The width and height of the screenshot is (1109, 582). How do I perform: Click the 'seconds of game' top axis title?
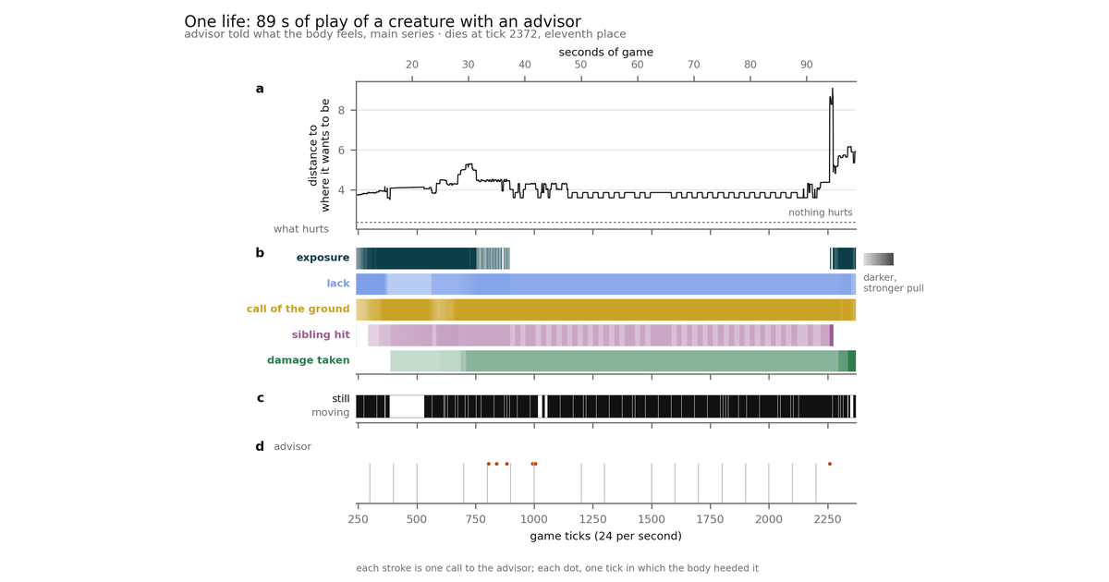coord(606,52)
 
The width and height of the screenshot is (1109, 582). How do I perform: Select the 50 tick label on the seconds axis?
coord(580,65)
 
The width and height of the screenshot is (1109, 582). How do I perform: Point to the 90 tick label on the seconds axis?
coord(807,65)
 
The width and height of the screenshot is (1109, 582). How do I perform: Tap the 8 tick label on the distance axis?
coord(341,110)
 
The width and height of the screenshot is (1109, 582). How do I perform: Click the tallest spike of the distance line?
coord(833,89)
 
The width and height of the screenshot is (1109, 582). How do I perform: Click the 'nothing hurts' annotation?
coord(821,212)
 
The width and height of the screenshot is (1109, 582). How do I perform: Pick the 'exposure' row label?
coord(323,258)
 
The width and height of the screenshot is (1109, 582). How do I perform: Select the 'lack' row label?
coord(338,283)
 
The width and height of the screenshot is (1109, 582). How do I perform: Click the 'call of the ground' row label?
coord(298,309)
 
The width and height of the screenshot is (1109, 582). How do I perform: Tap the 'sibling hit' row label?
coord(321,334)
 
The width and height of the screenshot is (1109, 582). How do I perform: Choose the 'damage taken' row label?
coord(309,360)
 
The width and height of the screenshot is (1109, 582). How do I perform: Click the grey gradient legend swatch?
coord(878,259)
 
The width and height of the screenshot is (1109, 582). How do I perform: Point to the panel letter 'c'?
coord(260,398)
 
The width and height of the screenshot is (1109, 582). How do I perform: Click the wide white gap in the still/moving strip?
coord(407,406)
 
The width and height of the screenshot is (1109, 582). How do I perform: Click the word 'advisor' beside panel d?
coord(293,446)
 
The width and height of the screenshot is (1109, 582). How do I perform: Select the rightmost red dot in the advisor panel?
coord(830,464)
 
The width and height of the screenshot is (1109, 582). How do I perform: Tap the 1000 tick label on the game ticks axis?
coord(534,519)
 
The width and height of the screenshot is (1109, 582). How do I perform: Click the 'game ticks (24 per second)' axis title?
coord(605,536)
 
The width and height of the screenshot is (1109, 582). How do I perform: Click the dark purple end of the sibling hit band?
coord(832,335)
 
